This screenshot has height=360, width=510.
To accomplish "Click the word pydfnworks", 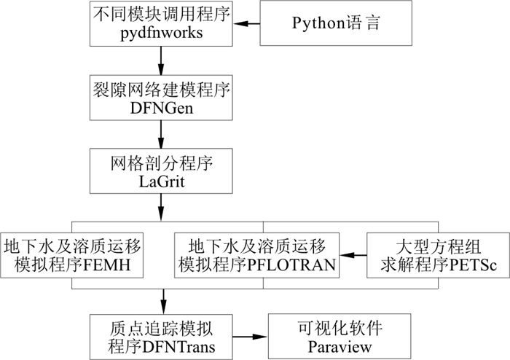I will (x=160, y=34).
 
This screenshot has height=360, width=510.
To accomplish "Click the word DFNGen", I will (x=160, y=106).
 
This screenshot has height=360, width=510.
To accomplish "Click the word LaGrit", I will (x=160, y=180).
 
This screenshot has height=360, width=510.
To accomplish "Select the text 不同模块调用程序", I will (x=160, y=14).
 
